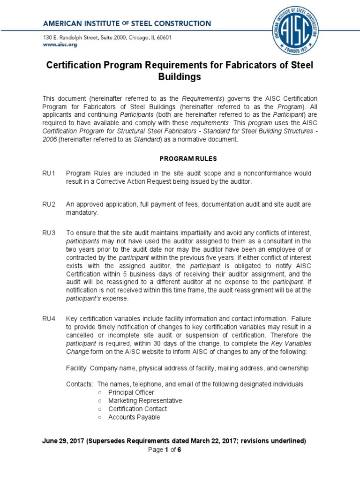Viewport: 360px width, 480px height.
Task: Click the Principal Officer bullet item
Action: (131, 392)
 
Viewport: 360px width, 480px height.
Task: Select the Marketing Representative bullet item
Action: (145, 401)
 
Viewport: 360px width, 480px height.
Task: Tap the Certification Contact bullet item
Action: (137, 409)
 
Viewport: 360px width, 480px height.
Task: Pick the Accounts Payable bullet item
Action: (134, 417)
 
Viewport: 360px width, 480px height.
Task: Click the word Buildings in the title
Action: (180, 77)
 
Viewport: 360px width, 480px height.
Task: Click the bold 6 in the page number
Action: (179, 450)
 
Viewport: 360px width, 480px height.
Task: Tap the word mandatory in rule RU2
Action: (82, 212)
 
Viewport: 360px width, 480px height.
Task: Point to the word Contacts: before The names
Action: (80, 384)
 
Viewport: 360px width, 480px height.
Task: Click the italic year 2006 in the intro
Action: (50, 140)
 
